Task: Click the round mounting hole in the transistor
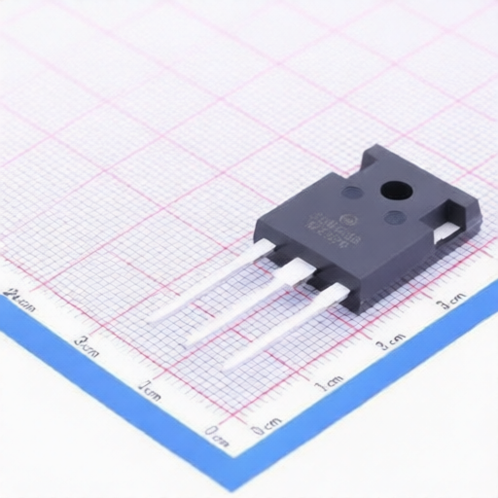point(395,191)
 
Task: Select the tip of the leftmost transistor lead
point(153,317)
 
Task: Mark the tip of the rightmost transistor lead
point(228,368)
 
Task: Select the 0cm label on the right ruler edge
point(265,426)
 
